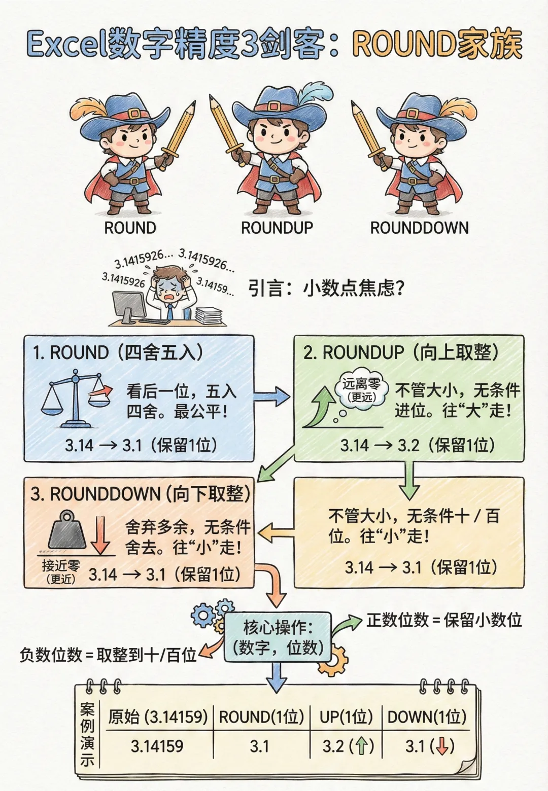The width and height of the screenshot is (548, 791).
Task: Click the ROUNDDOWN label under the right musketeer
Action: coord(419,228)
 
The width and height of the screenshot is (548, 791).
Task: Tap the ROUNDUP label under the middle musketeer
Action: coord(277,228)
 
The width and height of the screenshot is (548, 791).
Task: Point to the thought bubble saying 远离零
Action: coord(361,389)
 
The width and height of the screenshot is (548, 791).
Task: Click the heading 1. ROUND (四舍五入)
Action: coord(118,352)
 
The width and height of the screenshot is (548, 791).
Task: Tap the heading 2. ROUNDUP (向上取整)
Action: coord(401,352)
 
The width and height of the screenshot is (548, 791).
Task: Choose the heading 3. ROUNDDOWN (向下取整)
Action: coord(141,493)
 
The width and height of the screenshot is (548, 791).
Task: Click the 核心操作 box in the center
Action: coord(278,637)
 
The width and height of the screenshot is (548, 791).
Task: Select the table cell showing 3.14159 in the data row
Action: coord(157,746)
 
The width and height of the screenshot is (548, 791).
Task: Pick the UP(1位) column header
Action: coord(346,717)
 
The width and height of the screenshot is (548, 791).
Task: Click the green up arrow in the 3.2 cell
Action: coord(361,746)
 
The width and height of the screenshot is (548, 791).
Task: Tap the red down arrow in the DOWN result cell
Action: coord(442,746)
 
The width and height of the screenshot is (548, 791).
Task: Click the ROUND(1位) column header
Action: coord(261,717)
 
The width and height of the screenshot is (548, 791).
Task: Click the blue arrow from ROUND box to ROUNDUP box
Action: coord(272,395)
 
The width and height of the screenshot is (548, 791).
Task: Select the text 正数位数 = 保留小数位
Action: coord(444,620)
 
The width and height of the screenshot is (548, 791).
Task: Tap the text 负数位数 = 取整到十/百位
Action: coord(108,655)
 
